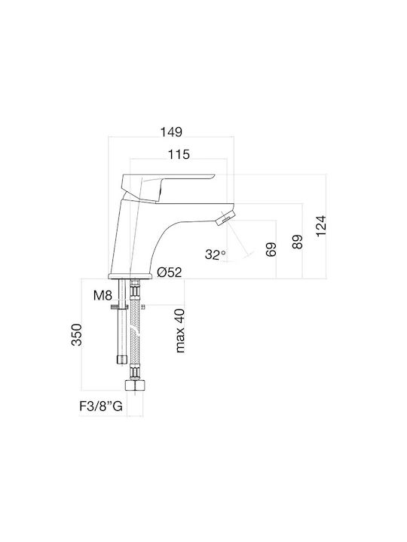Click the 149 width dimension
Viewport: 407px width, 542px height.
tap(171, 132)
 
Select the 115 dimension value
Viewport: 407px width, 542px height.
tap(179, 154)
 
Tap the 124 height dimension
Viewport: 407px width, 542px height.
tap(321, 226)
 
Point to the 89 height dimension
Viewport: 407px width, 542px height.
tap(297, 242)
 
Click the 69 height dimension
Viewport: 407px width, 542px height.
tap(271, 250)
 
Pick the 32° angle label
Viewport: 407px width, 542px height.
tap(216, 254)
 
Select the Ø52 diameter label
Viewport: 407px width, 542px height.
tap(170, 273)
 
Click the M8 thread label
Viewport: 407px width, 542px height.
tap(103, 296)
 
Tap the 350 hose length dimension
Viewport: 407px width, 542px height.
tap(76, 334)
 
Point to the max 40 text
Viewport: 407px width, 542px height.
tap(180, 330)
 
